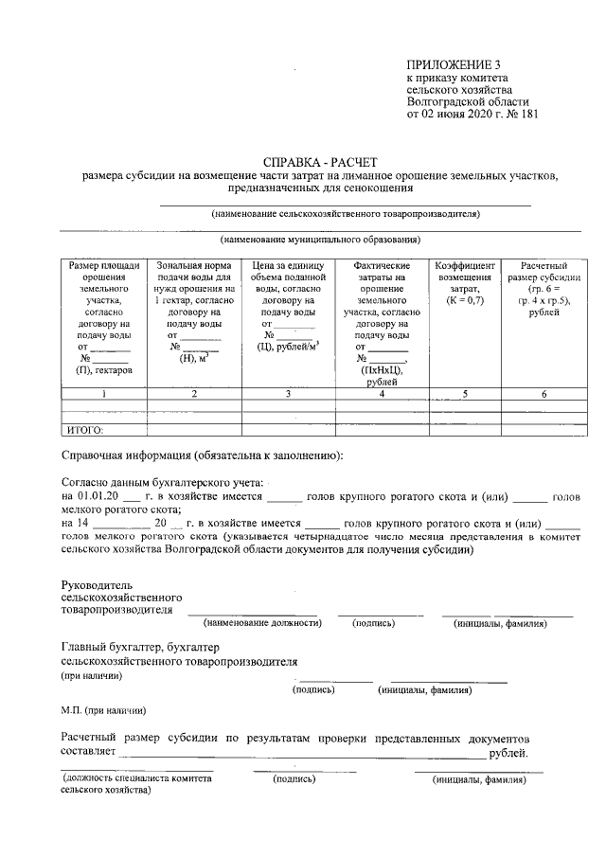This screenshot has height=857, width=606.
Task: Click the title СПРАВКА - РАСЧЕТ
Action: [320, 162]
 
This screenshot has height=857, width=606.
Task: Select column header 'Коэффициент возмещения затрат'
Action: [465, 282]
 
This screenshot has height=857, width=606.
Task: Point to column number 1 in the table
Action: [104, 393]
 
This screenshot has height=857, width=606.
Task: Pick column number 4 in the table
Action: [381, 393]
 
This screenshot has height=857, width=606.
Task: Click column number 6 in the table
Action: [544, 393]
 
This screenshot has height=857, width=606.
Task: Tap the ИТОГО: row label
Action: [83, 430]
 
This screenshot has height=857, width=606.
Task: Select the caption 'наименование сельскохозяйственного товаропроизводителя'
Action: [346, 213]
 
